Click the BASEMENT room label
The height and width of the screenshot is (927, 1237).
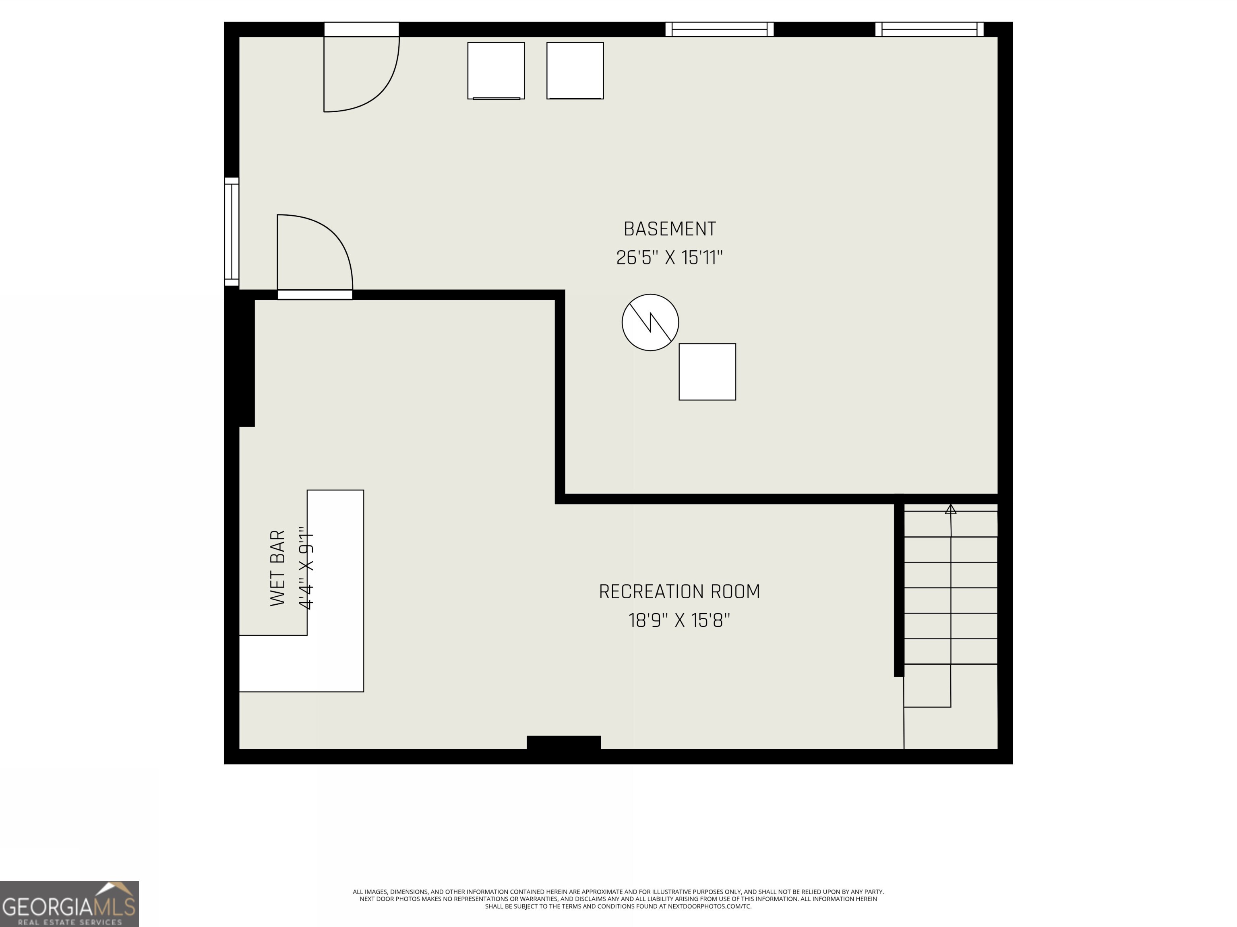tap(669, 229)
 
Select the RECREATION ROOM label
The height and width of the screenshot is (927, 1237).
tap(679, 592)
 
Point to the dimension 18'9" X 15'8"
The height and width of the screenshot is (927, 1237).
tap(679, 621)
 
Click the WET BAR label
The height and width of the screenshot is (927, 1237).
tap(278, 568)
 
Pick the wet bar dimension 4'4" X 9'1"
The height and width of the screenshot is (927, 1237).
tap(306, 568)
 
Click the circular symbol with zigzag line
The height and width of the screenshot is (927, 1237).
tap(650, 322)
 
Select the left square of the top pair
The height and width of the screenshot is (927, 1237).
tap(496, 70)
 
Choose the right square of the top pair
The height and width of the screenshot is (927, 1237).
tap(575, 70)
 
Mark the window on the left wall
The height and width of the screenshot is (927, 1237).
tap(232, 231)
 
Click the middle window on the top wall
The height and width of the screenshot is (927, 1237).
tap(719, 29)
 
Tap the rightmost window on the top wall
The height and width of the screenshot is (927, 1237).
tap(929, 29)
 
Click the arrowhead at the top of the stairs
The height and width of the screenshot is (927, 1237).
tap(951, 509)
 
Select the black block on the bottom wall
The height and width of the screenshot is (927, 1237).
tap(564, 743)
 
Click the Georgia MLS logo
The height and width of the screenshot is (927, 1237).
tap(69, 904)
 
